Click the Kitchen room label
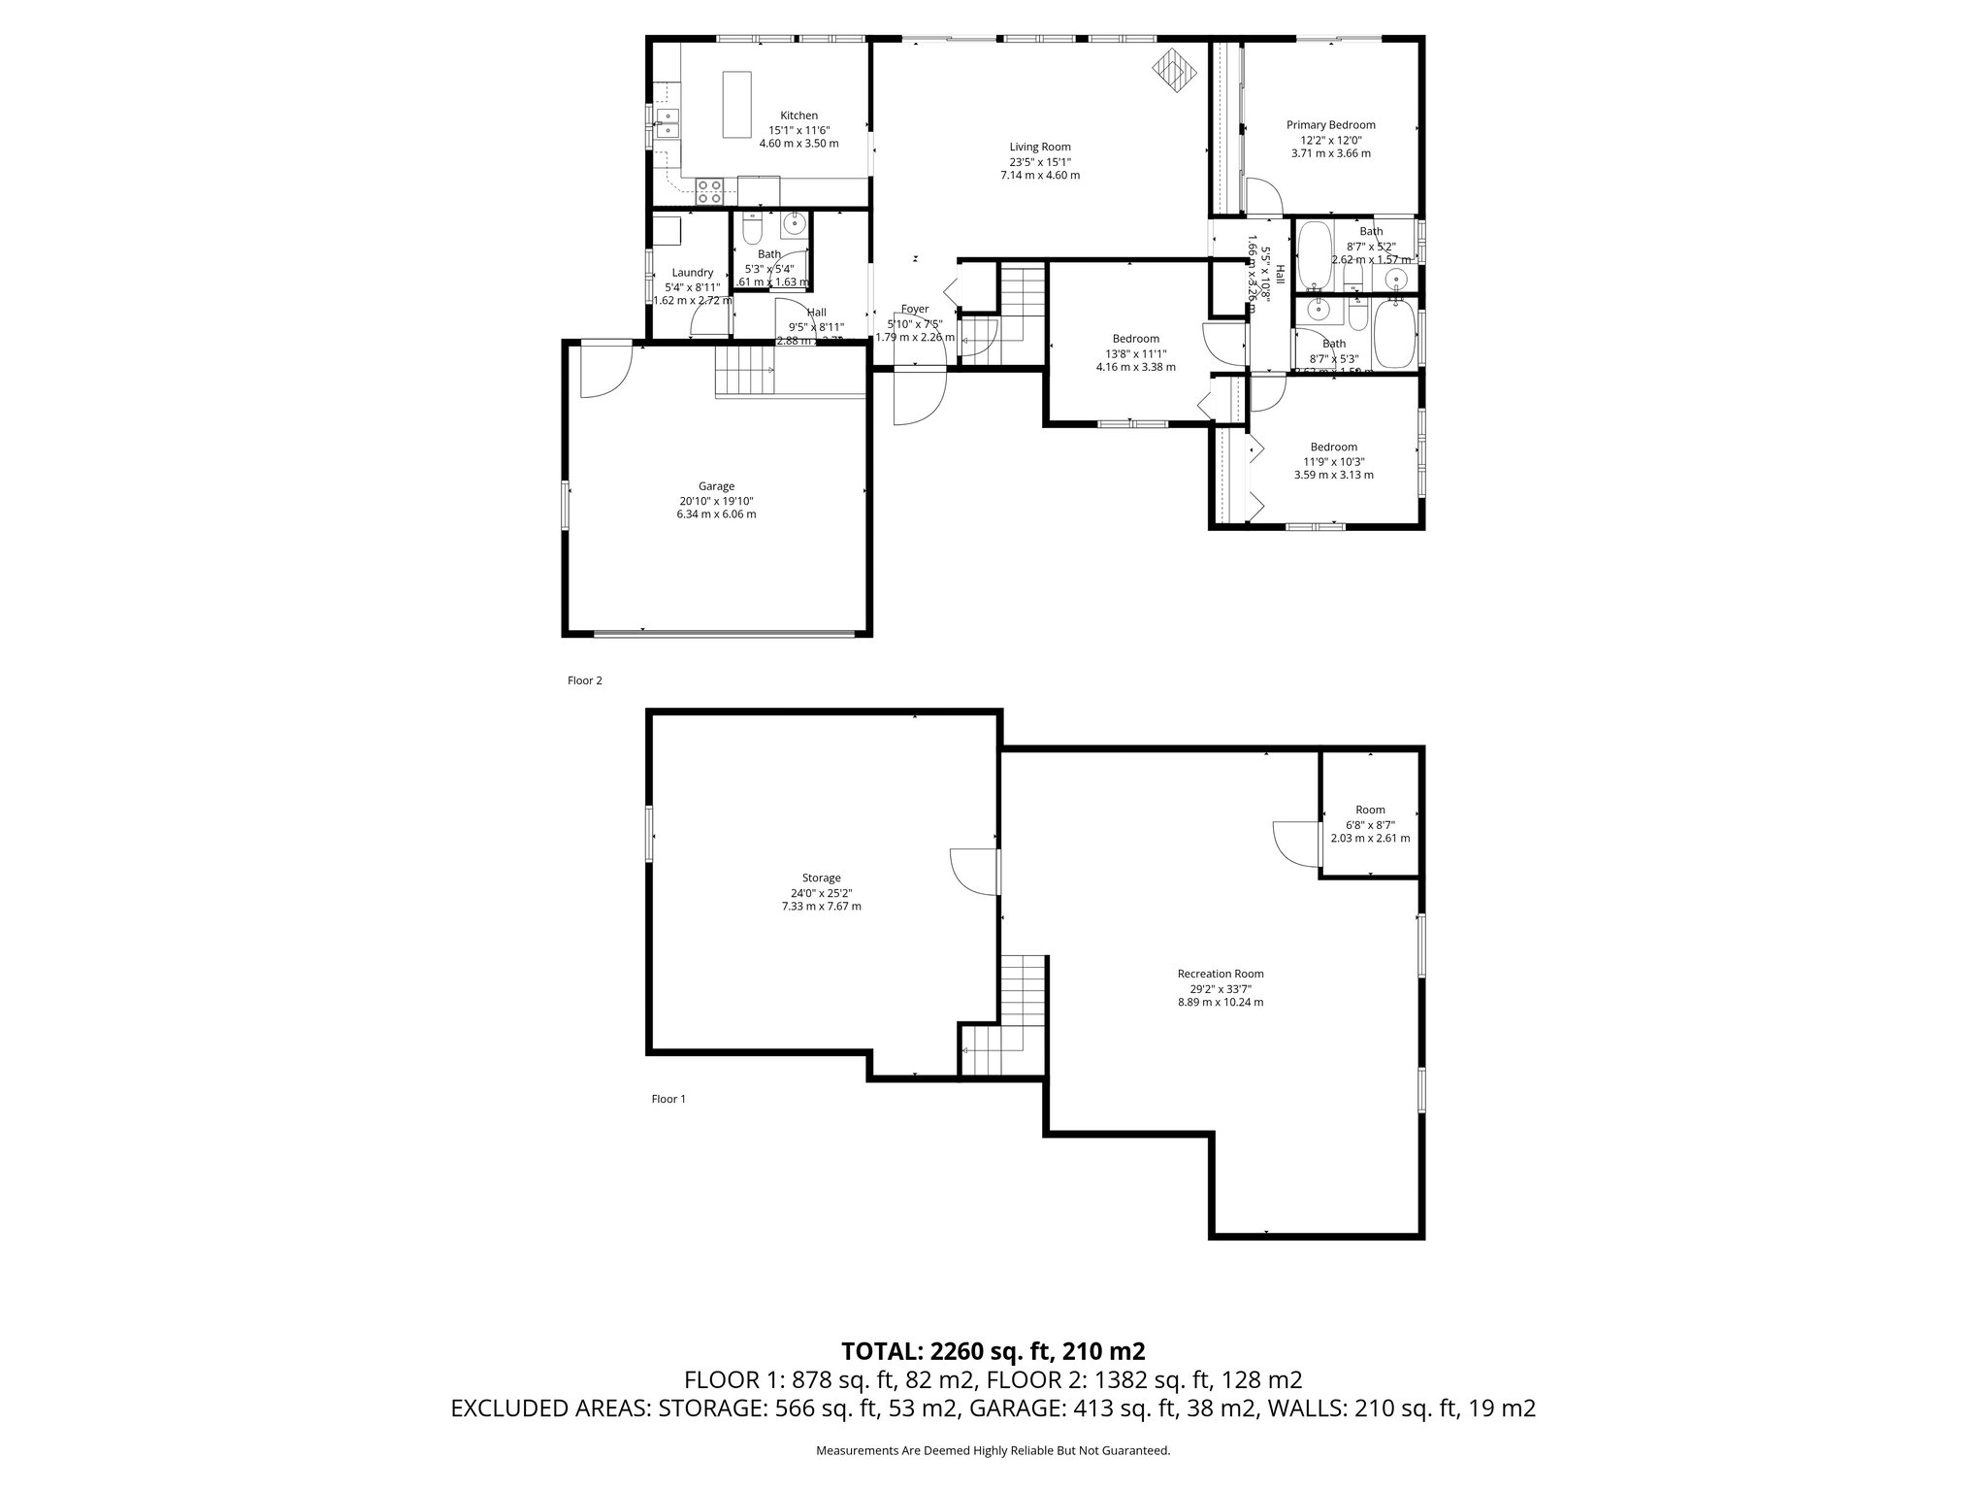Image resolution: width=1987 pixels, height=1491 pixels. click(798, 116)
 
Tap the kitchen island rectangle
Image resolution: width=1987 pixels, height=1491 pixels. click(736, 105)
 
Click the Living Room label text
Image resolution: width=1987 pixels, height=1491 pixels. click(1039, 148)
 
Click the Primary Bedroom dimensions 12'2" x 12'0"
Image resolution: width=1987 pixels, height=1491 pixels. click(1330, 139)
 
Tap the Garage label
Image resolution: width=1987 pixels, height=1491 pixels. click(716, 486)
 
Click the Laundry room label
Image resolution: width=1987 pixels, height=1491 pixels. click(692, 273)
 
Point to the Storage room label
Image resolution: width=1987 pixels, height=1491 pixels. click(821, 878)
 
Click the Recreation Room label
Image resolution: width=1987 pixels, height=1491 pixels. click(1220, 974)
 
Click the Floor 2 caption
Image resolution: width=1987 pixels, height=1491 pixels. click(585, 680)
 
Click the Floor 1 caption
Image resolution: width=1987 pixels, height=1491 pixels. click(668, 1099)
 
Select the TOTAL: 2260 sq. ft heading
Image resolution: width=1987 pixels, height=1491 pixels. click(993, 1350)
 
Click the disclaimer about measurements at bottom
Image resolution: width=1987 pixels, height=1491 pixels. click(993, 1450)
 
